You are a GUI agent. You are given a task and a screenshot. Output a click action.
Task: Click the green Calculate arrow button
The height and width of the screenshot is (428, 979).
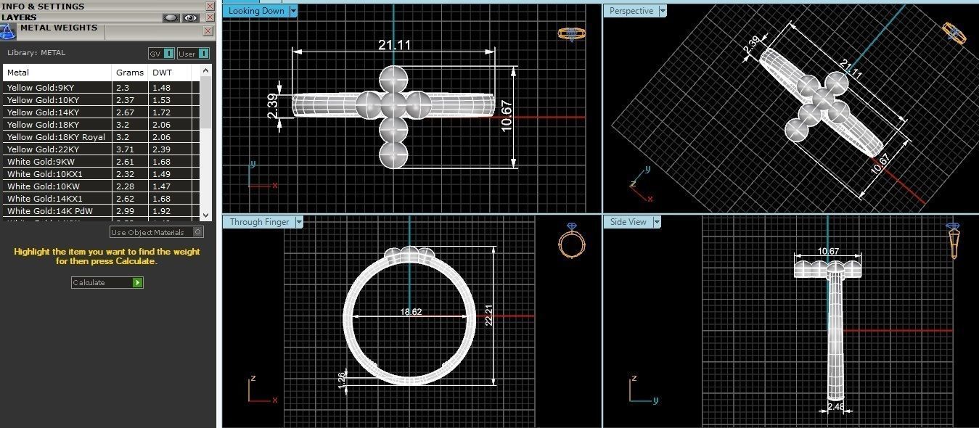click(138, 283)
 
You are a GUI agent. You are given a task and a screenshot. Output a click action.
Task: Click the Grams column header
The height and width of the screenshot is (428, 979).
click(124, 73)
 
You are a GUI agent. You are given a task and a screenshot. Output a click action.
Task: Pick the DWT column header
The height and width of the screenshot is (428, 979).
click(160, 73)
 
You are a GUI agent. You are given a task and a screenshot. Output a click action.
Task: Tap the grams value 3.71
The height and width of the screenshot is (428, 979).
click(124, 149)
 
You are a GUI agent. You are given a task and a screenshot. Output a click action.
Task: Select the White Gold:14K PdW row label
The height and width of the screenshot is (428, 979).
click(45, 211)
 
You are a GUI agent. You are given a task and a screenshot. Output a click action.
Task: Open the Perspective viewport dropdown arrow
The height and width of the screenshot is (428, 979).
click(662, 11)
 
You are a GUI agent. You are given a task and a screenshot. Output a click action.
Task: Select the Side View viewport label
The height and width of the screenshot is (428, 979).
click(628, 222)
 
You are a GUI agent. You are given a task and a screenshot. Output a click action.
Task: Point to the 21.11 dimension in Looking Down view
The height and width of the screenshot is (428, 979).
click(394, 45)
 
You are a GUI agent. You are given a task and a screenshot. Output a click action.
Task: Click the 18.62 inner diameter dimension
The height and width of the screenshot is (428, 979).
click(411, 312)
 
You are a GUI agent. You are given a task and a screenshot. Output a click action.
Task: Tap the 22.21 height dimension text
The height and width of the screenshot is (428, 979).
click(488, 315)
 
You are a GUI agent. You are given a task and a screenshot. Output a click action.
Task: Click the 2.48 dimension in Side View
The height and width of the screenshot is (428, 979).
click(835, 407)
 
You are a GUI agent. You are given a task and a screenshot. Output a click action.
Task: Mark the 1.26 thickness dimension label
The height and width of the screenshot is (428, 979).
click(342, 378)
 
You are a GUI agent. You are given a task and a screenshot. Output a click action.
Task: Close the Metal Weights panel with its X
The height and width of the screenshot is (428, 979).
click(208, 31)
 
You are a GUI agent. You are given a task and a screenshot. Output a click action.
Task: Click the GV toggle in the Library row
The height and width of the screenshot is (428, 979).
click(160, 53)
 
